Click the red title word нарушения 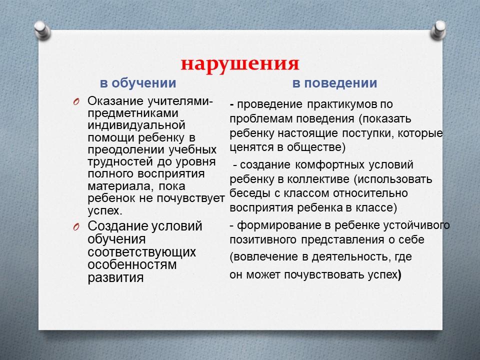pyautogui.click(x=240, y=64)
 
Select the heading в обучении pyautogui.click(x=138, y=83)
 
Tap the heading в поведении pyautogui.click(x=334, y=83)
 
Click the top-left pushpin pyautogui.click(x=42, y=29)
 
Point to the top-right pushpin pyautogui.click(x=438, y=29)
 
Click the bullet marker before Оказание pyautogui.click(x=76, y=101)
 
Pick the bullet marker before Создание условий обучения pyautogui.click(x=76, y=227)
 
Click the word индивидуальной pyautogui.click(x=136, y=125)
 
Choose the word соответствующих pyautogui.click(x=141, y=252)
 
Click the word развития pyautogui.click(x=115, y=278)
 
